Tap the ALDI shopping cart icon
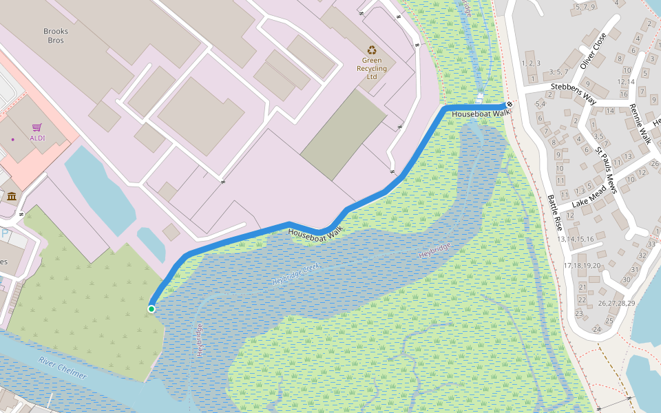pyautogui.click(x=37, y=127)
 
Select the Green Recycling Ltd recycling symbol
pyautogui.click(x=372, y=50)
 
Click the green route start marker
pyautogui.click(x=151, y=308)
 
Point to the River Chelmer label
pyautogui.click(x=63, y=368)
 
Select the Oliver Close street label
pyautogui.click(x=594, y=50)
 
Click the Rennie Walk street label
pyautogui.click(x=640, y=123)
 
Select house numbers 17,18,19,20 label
pyautogui.click(x=582, y=265)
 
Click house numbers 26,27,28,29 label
pyautogui.click(x=616, y=303)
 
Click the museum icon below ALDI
pyautogui.click(x=12, y=198)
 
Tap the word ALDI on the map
pyautogui.click(x=37, y=138)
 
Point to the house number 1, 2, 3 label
pyautogui.click(x=531, y=63)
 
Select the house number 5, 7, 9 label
pyautogui.click(x=584, y=7)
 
